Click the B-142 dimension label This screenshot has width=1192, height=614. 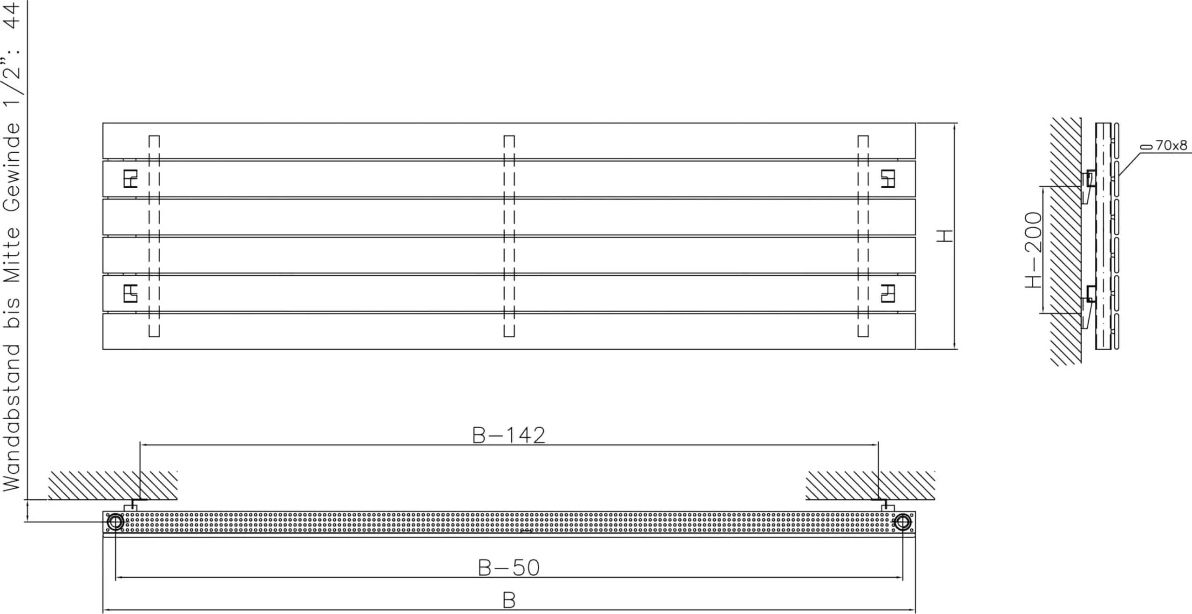508,435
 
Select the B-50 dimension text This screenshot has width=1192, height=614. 508,567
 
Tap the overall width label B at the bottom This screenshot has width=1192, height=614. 509,600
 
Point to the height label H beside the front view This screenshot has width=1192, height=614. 945,236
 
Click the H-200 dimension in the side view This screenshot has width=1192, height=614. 1034,250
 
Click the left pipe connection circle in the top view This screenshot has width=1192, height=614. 115,522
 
